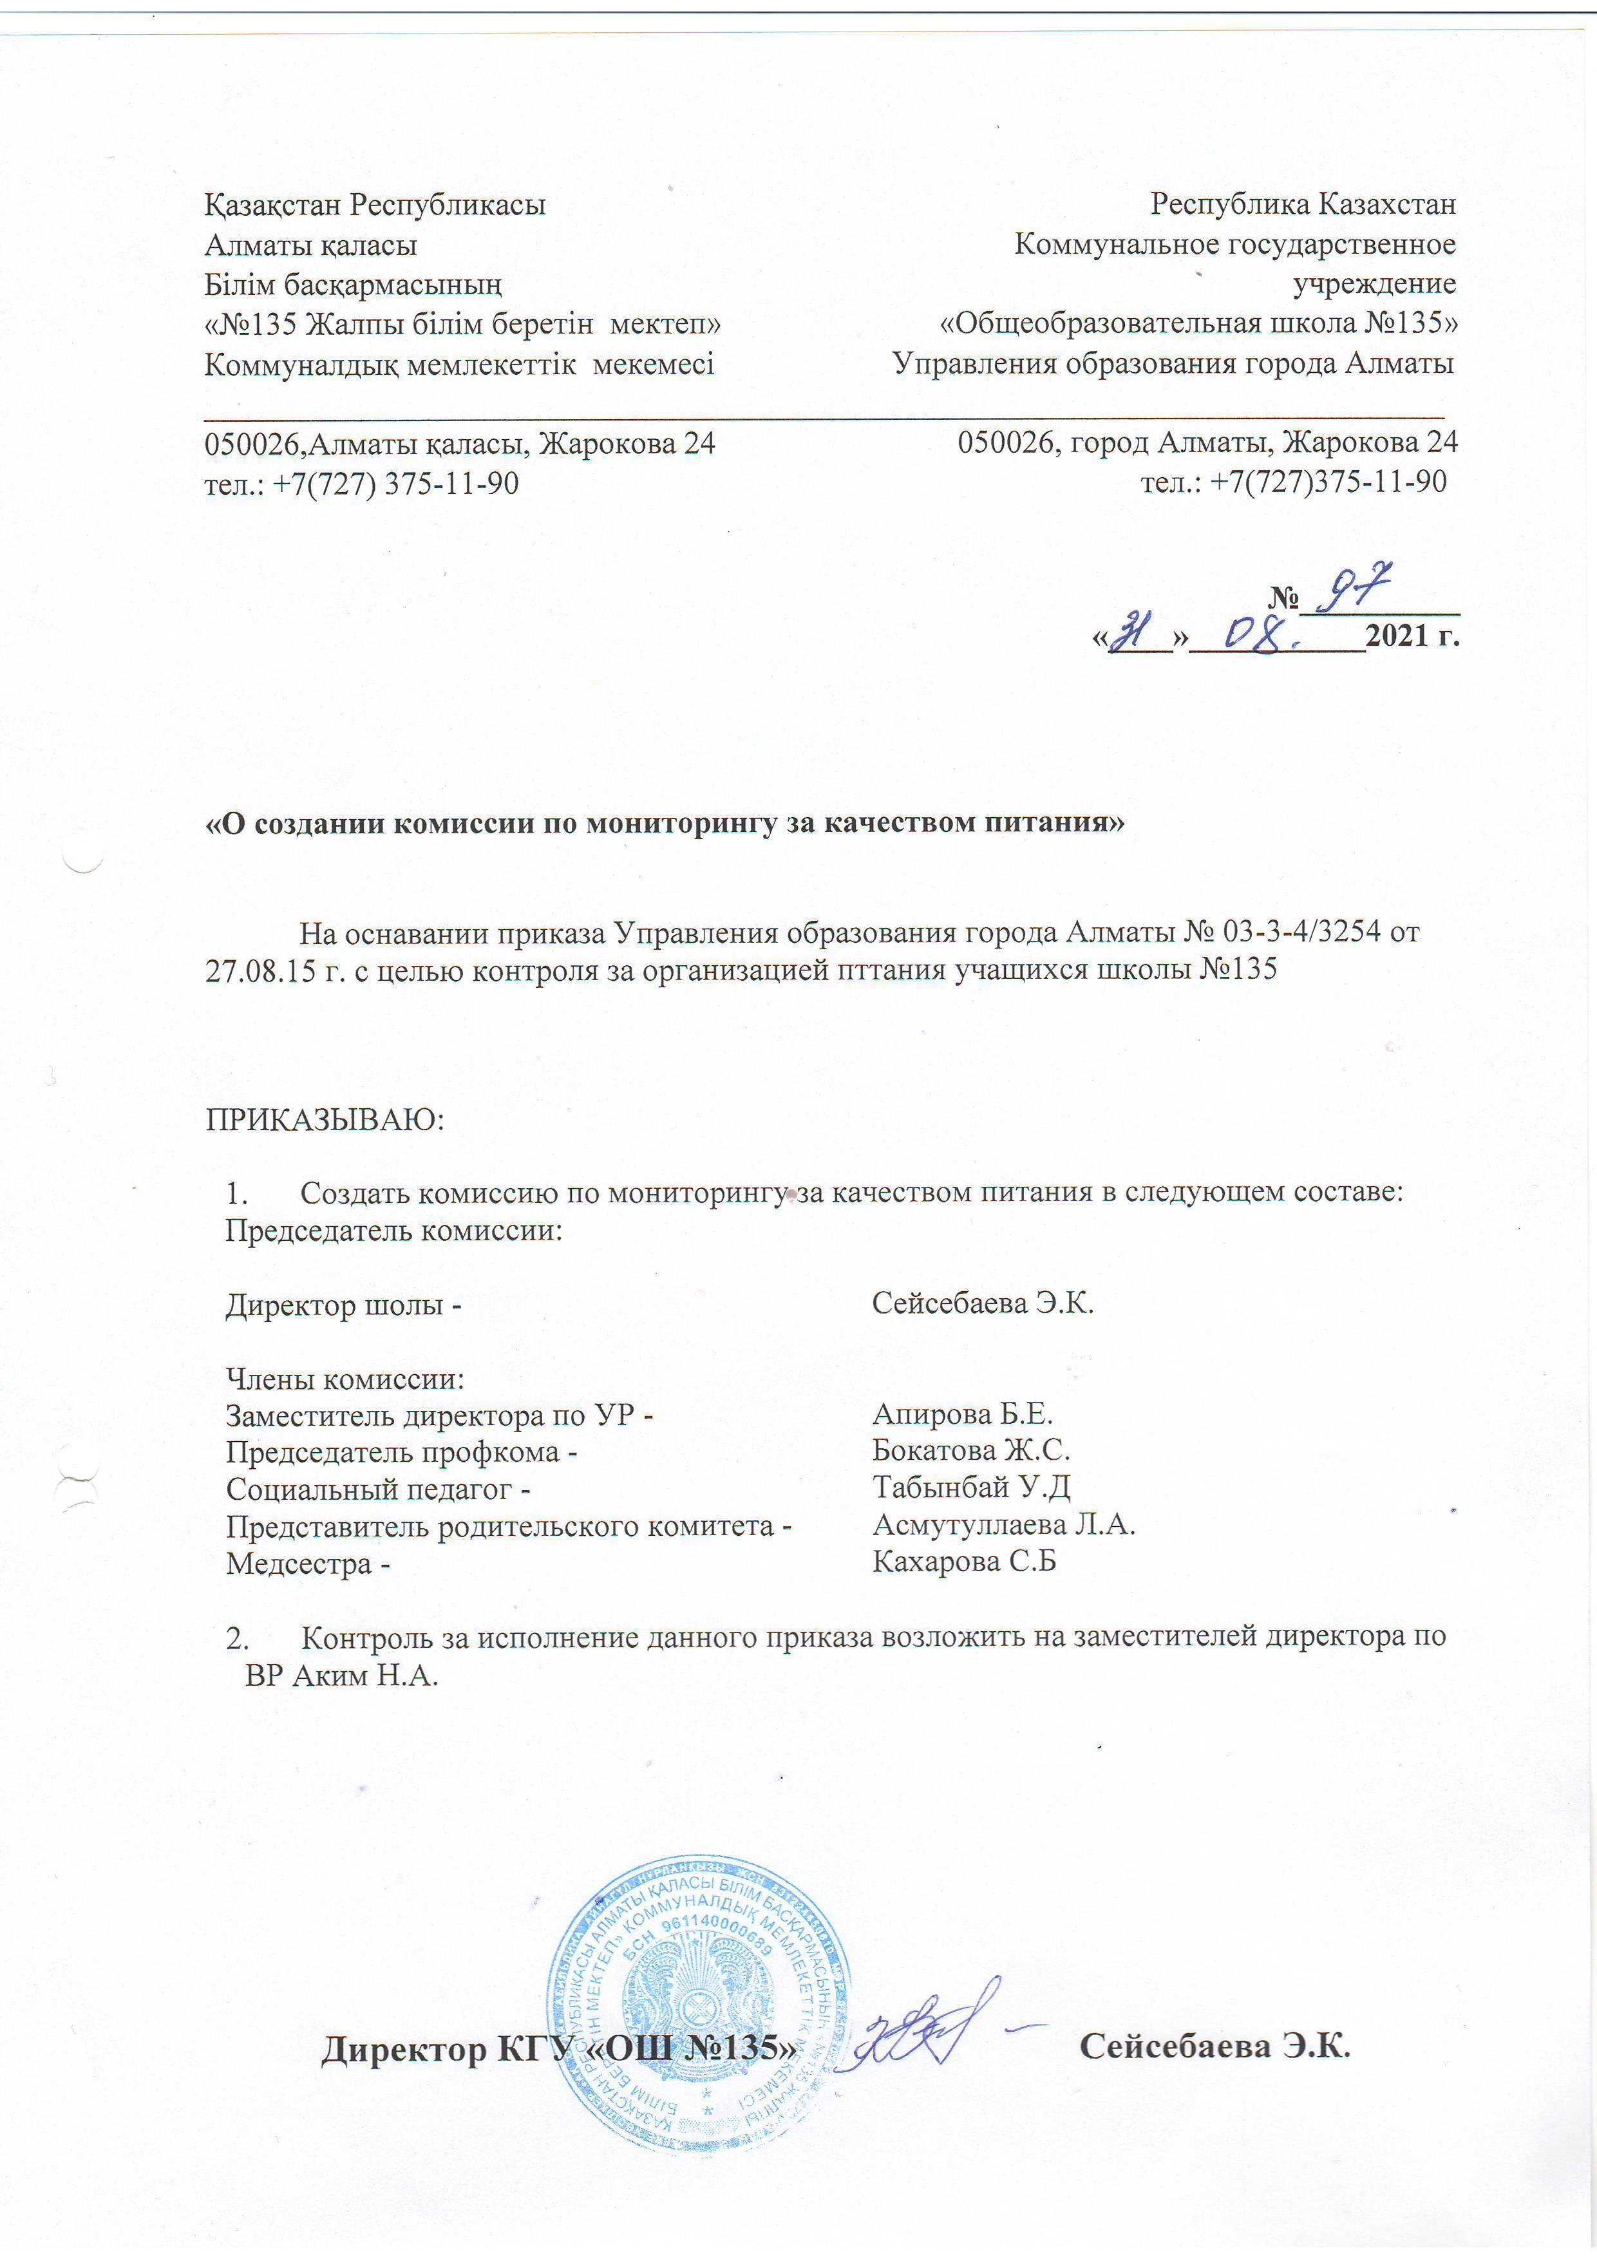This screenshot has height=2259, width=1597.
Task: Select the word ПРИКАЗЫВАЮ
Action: coord(325,1120)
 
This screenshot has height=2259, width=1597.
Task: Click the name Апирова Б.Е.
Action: coord(962,1414)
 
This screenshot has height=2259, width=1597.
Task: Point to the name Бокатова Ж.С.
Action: coord(970,1450)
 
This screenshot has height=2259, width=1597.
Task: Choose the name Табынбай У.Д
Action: coord(970,1487)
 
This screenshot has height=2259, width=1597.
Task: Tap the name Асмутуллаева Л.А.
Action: coord(1004,1524)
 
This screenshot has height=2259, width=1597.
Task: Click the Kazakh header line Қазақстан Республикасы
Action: coord(375,205)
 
